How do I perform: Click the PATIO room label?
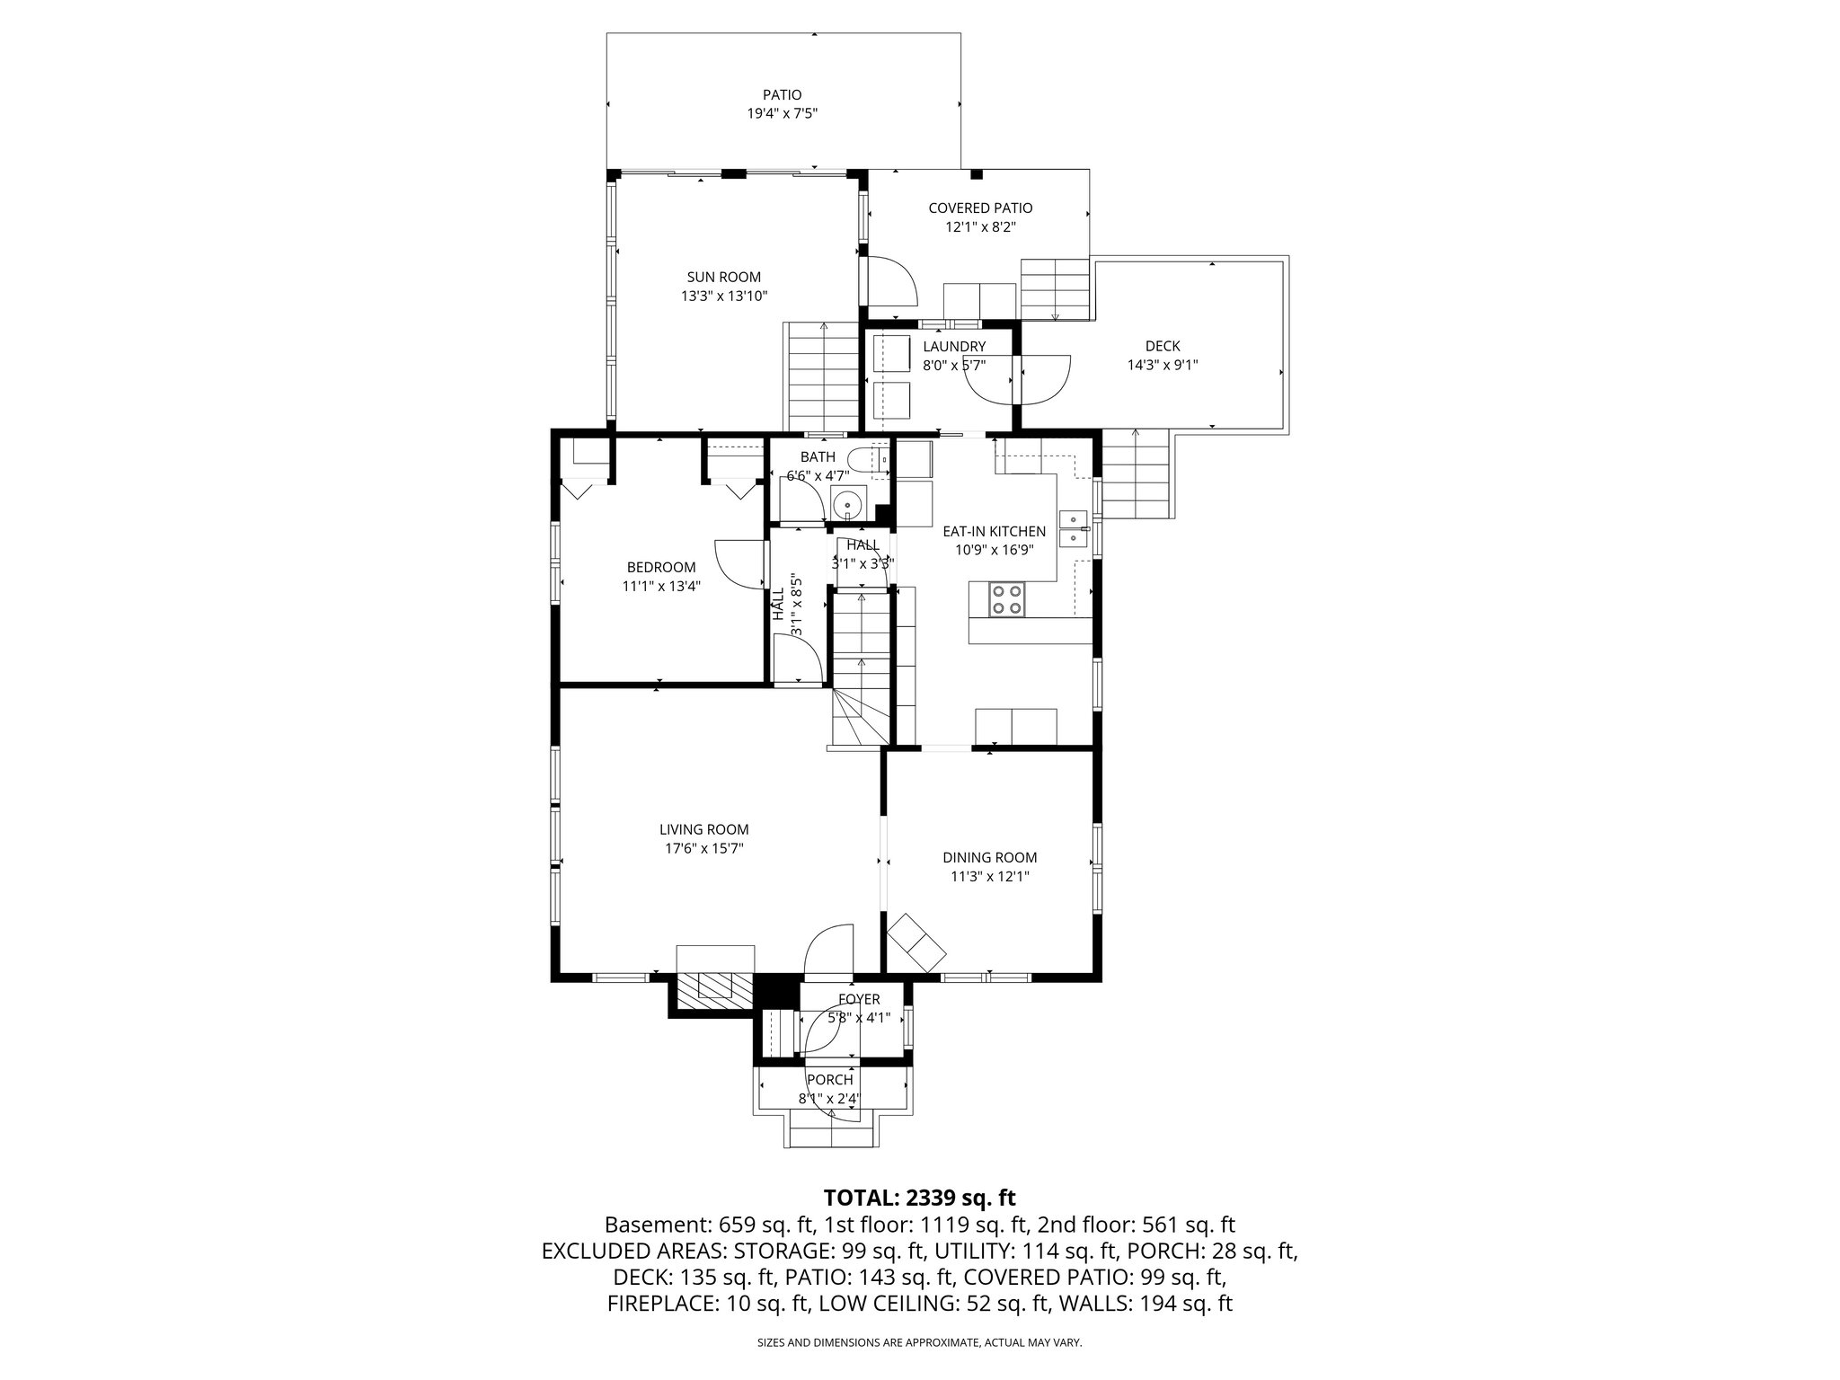tap(782, 94)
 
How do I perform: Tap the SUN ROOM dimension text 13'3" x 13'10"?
tap(724, 296)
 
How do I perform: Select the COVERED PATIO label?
tap(980, 208)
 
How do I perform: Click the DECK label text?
tap(1163, 346)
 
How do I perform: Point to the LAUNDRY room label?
tap(954, 347)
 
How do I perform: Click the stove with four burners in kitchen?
tap(1006, 599)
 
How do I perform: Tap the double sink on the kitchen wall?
tap(1074, 528)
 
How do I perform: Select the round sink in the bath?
tap(847, 506)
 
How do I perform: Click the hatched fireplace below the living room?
tap(715, 986)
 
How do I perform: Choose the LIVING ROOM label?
tap(703, 830)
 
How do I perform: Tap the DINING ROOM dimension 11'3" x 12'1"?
tap(989, 877)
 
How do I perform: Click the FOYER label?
tap(859, 999)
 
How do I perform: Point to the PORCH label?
tap(829, 1080)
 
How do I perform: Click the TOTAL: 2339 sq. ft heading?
tap(919, 1198)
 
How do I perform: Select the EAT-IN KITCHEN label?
tap(994, 532)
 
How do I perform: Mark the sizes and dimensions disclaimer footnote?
tap(919, 1343)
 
